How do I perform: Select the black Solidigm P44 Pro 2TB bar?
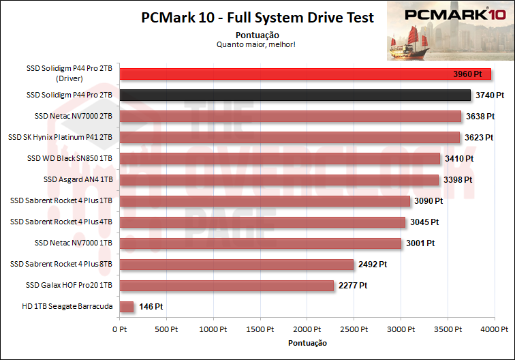click(x=295, y=95)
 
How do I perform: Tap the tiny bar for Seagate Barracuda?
click(x=126, y=307)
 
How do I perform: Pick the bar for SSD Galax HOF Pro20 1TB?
click(x=226, y=286)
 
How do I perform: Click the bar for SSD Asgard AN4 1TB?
click(x=279, y=180)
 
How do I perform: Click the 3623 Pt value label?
click(x=479, y=138)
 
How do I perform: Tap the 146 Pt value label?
click(x=150, y=307)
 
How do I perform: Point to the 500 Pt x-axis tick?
click(x=166, y=329)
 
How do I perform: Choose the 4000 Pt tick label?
click(x=494, y=329)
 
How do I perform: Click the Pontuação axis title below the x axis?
click(x=307, y=342)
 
